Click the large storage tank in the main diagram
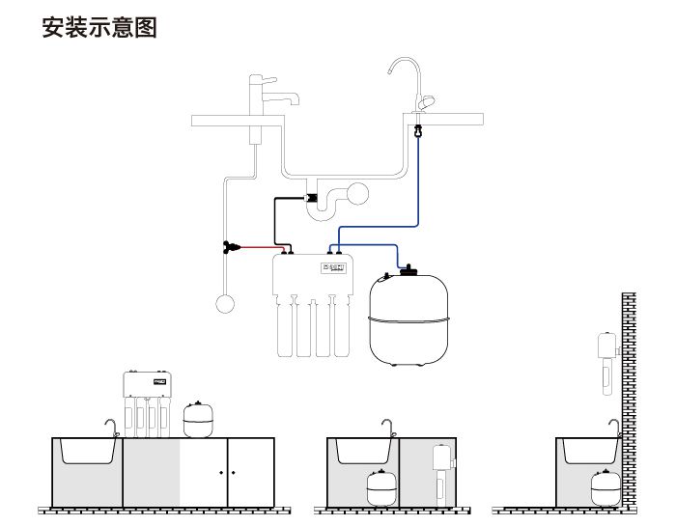(409, 318)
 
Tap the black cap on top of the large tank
(408, 269)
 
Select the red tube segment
(256, 247)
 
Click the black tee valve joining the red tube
(230, 247)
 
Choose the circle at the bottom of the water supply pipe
(225, 304)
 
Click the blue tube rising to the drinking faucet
(417, 183)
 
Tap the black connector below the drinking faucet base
(417, 130)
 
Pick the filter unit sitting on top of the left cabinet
(148, 400)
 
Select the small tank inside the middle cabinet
(378, 488)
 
